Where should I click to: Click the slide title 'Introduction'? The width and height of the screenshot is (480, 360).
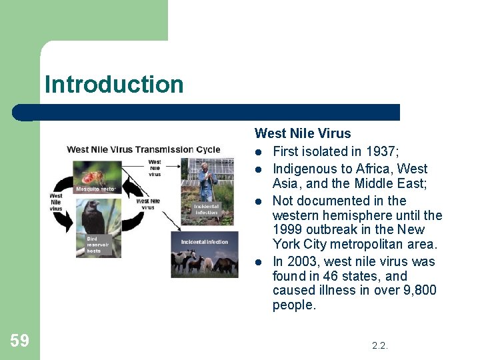tap(114, 85)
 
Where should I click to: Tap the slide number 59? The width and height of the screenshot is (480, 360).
tap(19, 341)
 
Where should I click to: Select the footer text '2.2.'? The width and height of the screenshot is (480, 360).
tap(380, 345)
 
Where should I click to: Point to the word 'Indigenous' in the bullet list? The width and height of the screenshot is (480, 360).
tap(304, 169)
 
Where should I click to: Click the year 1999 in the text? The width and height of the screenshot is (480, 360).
tap(287, 230)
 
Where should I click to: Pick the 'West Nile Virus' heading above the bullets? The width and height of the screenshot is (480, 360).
tap(303, 134)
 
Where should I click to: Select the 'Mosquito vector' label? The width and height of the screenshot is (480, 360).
tap(95, 189)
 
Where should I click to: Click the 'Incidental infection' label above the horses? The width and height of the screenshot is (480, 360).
tap(204, 242)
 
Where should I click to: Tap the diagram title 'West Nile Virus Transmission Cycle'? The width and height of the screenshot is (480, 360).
tap(143, 149)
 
